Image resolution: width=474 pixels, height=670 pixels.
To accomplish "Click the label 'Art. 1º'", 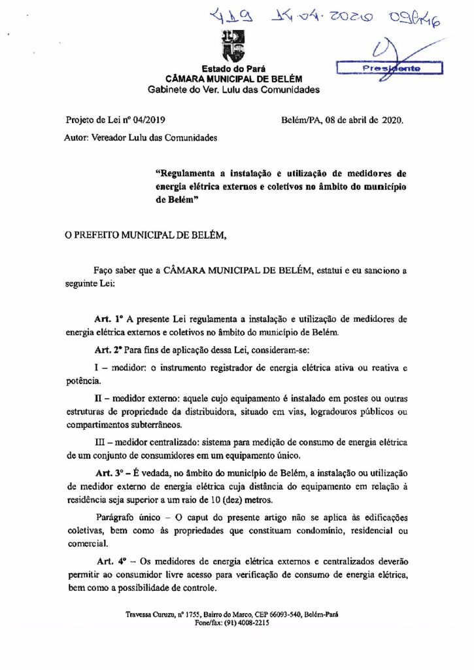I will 109,320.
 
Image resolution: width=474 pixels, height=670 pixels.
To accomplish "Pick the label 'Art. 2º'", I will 109,348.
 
